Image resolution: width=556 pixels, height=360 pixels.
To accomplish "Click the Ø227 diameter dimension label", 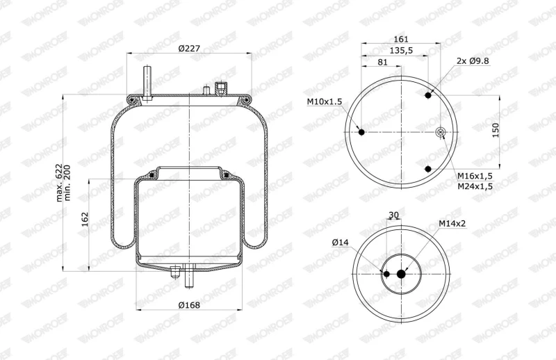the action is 189,49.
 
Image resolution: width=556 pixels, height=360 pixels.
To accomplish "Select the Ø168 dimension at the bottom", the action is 189,304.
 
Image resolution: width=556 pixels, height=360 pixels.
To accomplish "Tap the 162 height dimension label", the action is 84,220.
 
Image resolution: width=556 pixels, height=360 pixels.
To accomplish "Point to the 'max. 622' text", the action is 59,183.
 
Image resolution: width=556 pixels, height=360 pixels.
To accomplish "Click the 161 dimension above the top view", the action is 401,39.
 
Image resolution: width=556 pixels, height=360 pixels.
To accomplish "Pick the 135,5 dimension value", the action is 401,51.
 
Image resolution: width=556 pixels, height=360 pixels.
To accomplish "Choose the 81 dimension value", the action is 382,62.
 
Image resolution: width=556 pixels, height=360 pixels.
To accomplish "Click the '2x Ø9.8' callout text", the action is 473,60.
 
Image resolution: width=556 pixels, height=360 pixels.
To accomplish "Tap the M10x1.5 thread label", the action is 325,101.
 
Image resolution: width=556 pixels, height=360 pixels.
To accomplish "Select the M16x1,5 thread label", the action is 475,176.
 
